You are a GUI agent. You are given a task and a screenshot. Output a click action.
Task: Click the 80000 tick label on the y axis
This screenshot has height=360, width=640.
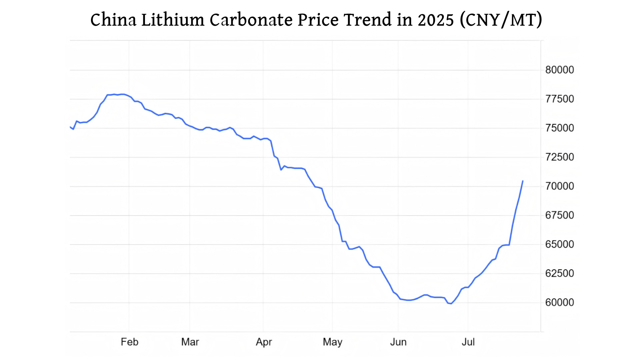[x=559, y=70]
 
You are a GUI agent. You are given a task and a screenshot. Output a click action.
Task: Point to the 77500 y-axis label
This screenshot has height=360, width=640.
[x=559, y=99]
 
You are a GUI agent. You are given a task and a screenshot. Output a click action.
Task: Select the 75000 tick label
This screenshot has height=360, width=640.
[x=559, y=128]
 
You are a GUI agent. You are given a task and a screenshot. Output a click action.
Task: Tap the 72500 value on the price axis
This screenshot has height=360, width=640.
[x=559, y=157]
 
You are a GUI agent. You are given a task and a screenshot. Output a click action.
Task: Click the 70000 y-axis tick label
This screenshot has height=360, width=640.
[x=559, y=186]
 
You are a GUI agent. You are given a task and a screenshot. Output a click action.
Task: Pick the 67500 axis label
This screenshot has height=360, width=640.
[x=559, y=215]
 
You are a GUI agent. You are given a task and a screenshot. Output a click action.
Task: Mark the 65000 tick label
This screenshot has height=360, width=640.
[x=559, y=244]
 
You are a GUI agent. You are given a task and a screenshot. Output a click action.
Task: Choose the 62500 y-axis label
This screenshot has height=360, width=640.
[x=559, y=273]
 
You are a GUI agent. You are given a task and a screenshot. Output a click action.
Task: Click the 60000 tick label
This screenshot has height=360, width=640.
[x=559, y=302]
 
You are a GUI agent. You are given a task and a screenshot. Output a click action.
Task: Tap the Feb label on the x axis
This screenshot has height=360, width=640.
[x=129, y=342]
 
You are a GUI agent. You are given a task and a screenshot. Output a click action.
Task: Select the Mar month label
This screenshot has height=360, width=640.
[x=190, y=342]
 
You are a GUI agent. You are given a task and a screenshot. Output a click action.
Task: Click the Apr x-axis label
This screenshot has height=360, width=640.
[x=264, y=342]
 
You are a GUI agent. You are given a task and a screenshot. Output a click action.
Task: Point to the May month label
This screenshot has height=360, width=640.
[x=332, y=342]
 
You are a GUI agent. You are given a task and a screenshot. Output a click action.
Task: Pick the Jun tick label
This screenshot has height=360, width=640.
[x=398, y=342]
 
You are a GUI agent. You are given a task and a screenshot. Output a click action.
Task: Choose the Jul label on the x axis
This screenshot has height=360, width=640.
[x=468, y=342]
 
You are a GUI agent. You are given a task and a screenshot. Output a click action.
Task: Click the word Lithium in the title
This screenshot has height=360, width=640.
[x=173, y=20]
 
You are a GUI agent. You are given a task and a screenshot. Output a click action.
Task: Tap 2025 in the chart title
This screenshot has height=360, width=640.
[x=436, y=20]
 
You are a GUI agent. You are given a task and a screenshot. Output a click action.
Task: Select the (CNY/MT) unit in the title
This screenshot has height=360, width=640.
[x=501, y=20]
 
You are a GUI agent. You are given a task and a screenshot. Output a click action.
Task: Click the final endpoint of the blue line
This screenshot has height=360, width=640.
[x=523, y=181]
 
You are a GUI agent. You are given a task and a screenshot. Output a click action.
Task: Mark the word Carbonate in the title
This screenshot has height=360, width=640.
[x=251, y=20]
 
